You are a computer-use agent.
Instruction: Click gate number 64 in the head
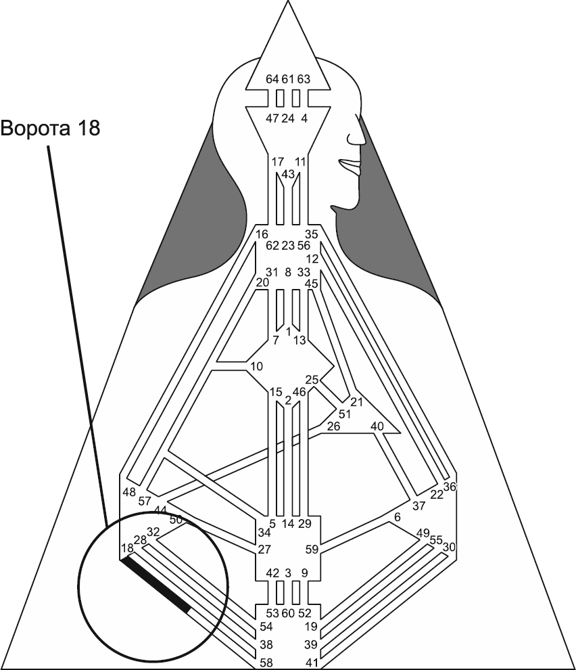(x=272, y=79)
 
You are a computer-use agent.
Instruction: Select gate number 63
(x=304, y=79)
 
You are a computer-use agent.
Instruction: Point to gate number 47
(x=272, y=118)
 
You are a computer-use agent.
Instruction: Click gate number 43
(x=288, y=174)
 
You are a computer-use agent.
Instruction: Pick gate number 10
(x=256, y=367)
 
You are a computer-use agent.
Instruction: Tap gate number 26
(x=334, y=426)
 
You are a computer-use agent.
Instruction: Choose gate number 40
(x=377, y=426)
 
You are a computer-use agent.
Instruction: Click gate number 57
(x=145, y=501)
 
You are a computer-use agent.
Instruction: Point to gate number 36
(x=450, y=486)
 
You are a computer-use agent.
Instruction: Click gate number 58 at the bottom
(x=266, y=661)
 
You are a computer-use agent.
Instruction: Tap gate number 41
(x=312, y=661)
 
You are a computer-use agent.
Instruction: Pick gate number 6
(x=398, y=517)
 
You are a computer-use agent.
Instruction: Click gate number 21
(x=357, y=403)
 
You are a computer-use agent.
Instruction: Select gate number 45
(x=312, y=284)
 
